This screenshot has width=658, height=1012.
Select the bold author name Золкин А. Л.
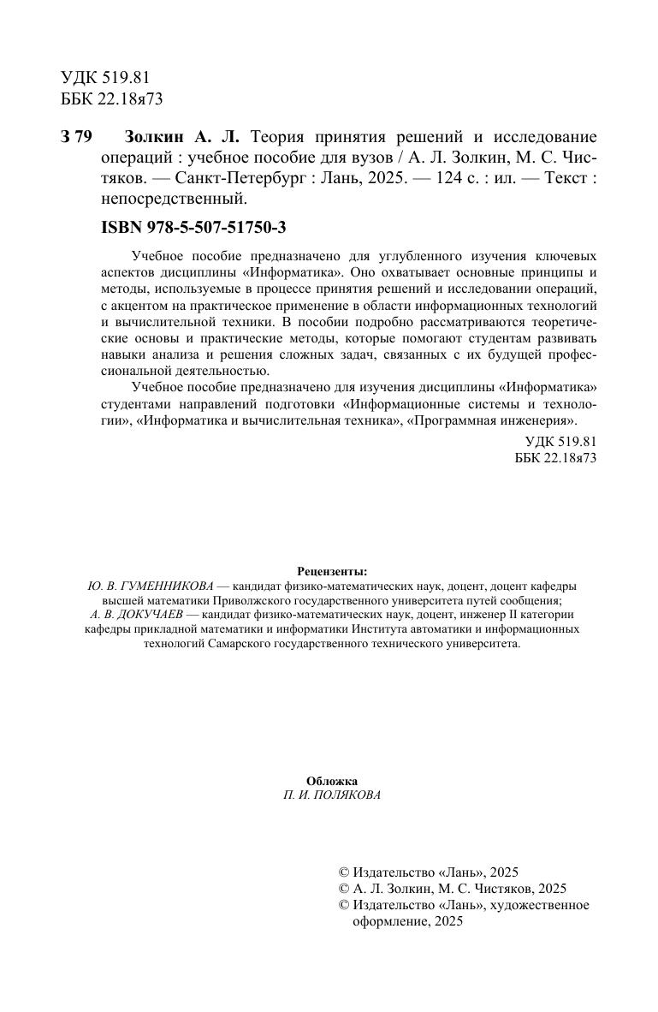point(183,138)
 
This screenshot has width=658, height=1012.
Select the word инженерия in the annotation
point(542,421)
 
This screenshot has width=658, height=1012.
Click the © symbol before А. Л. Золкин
point(344,889)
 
